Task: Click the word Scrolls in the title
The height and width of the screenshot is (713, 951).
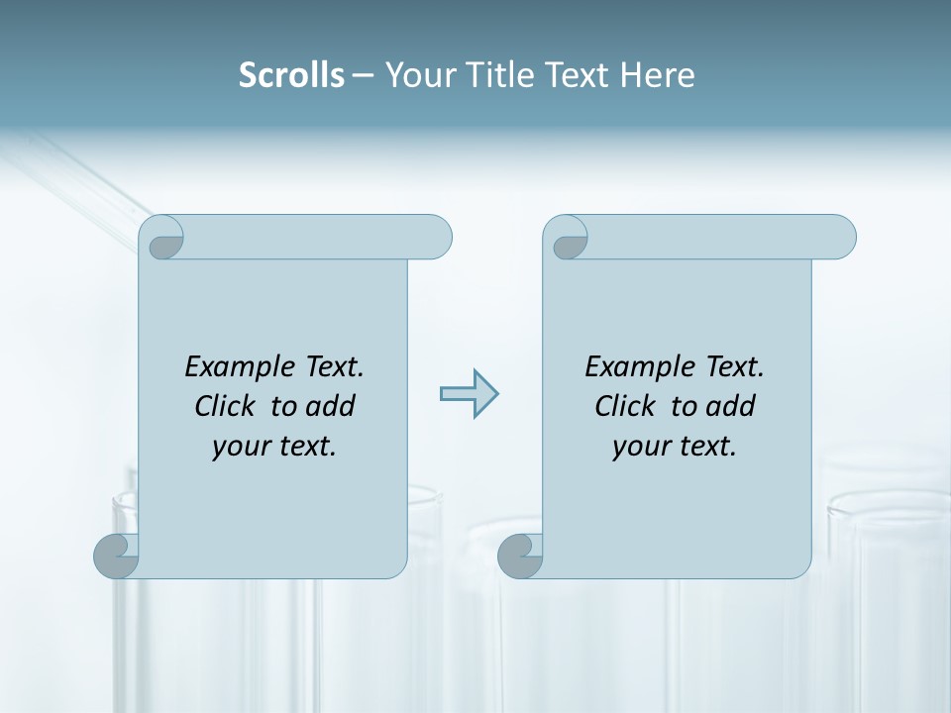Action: [291, 75]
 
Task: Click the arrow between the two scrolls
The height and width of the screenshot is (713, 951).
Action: [469, 394]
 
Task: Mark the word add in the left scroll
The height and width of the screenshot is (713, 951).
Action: [331, 406]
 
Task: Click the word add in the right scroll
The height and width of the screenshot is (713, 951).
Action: [731, 406]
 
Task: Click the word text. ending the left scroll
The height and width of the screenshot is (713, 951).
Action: [304, 447]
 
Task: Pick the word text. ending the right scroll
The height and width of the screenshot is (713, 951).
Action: [704, 447]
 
